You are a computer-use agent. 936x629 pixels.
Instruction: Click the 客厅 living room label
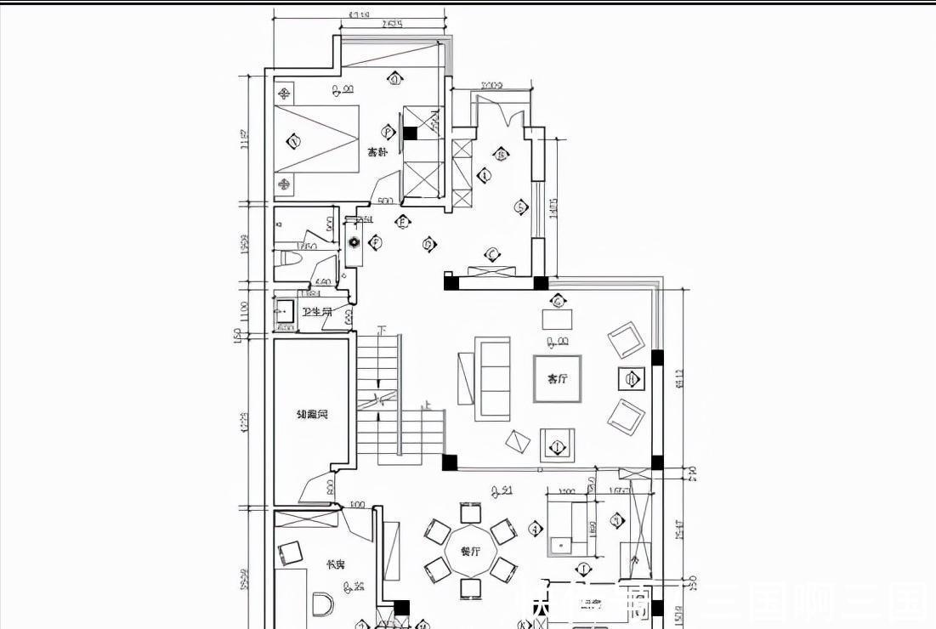(557, 379)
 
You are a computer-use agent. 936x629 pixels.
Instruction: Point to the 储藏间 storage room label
(311, 416)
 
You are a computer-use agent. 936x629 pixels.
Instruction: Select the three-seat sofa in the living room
(493, 378)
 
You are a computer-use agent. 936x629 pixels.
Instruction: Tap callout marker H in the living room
(631, 378)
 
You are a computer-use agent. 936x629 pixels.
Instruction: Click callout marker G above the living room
(558, 301)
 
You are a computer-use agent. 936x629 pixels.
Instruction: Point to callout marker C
(491, 253)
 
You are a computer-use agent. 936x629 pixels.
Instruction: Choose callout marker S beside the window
(520, 207)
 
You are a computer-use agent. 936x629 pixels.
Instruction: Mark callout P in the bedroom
(389, 132)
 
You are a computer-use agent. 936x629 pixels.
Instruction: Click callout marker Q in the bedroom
(394, 79)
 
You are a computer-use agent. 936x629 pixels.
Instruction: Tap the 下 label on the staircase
(382, 330)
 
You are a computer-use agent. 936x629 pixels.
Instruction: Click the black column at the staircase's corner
(449, 462)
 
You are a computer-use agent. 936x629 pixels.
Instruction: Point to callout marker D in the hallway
(428, 245)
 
